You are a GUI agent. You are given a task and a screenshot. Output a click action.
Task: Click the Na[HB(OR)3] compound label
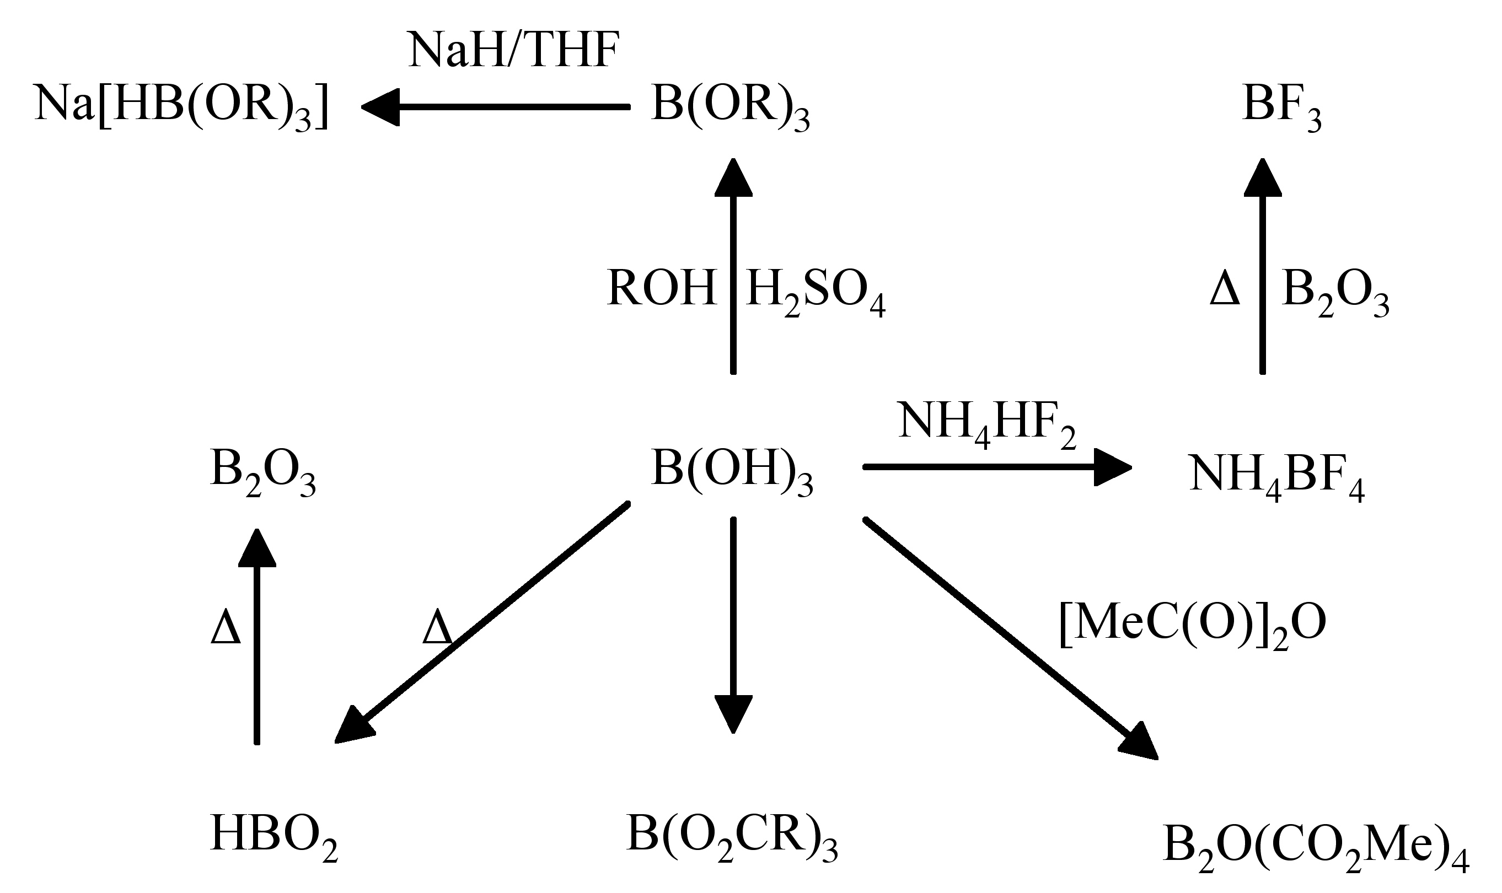(182, 106)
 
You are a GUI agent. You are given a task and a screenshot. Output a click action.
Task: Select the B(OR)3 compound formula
(729, 106)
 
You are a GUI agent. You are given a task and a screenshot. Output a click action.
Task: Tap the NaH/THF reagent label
(513, 51)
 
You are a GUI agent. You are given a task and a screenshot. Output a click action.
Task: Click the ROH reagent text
(661, 289)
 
